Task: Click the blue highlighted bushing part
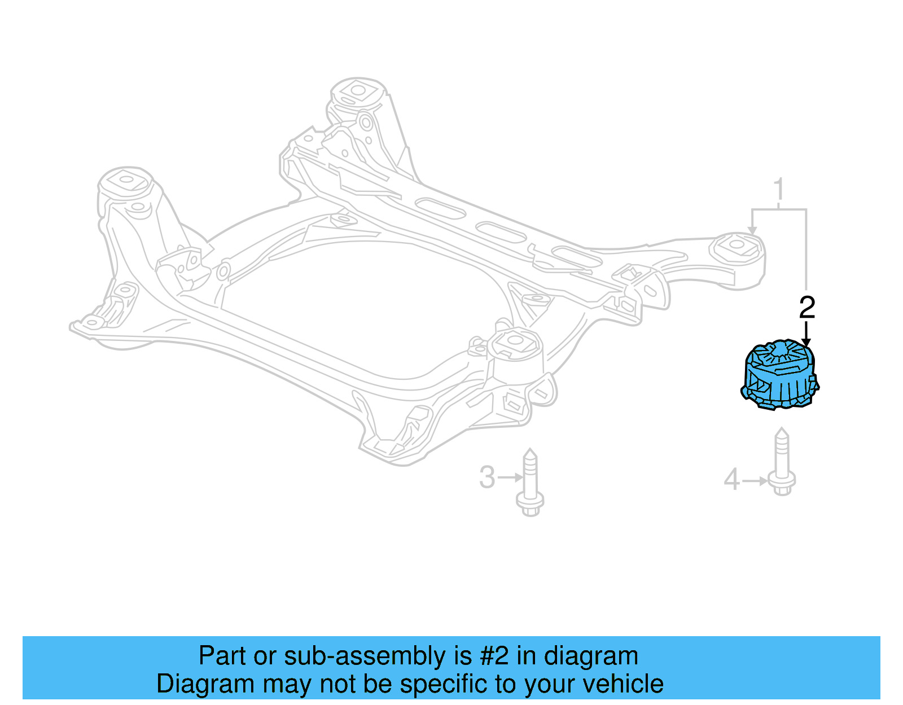point(779,375)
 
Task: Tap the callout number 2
point(807,308)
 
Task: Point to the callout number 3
point(487,478)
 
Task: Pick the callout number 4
point(731,480)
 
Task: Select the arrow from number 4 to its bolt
point(755,481)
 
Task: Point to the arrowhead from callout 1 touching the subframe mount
point(752,229)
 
